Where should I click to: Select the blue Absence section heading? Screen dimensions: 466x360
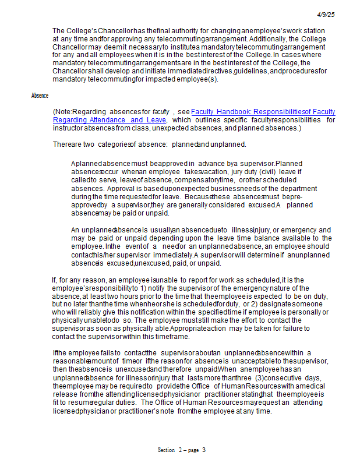click(40, 96)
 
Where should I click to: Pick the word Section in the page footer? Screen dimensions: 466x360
click(167, 450)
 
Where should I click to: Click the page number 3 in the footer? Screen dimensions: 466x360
click(204, 450)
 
